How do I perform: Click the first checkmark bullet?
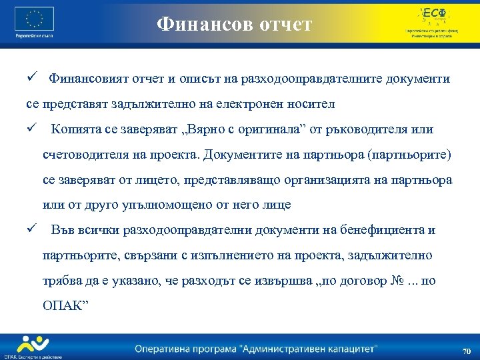click(31, 79)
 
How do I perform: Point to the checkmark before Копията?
click(31, 129)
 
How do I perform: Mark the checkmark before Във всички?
click(31, 230)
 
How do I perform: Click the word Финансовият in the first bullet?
click(85, 79)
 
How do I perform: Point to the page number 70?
click(466, 351)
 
